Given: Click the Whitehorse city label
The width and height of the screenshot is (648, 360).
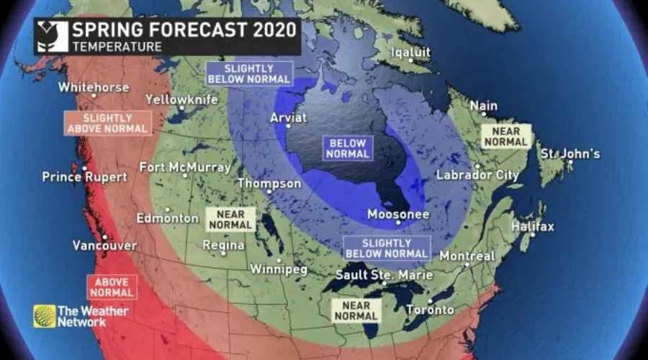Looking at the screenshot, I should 94,87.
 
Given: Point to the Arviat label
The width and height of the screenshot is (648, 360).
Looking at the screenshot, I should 288,117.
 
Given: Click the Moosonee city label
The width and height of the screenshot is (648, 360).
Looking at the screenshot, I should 398,215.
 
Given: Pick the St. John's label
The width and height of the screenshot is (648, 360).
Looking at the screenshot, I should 570,154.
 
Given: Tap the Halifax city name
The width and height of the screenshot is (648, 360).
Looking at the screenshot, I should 532,227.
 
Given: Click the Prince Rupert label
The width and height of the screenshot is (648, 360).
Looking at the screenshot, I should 84,177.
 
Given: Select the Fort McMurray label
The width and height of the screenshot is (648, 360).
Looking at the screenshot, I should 185,167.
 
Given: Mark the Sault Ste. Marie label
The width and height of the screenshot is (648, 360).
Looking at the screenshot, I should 384,275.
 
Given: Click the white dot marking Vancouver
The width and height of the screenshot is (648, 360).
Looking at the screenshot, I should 104,237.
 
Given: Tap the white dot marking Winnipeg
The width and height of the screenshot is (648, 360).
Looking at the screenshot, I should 279,260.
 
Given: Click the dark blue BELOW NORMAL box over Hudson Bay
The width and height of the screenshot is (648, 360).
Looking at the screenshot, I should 348,148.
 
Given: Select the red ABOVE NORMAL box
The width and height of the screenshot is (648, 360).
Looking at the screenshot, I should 112,287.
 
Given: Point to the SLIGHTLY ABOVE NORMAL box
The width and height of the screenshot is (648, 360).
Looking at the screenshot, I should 108,122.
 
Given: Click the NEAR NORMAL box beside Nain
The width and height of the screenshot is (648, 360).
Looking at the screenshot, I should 506,137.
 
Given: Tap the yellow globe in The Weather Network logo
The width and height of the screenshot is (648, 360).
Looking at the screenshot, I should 44,316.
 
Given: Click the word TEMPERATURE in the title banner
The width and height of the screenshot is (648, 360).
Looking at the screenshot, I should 117,46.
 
